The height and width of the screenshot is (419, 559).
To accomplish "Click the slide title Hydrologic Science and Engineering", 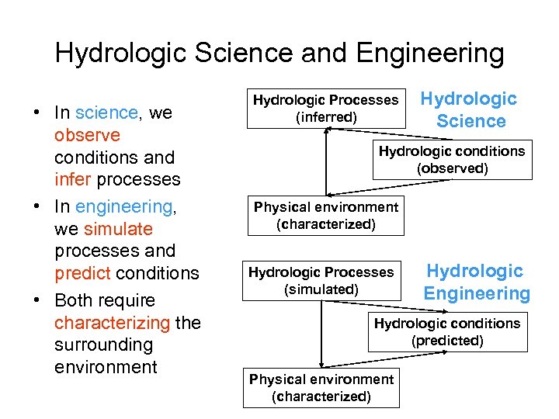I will coord(279,54).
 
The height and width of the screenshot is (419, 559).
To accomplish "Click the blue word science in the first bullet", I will coord(107,113).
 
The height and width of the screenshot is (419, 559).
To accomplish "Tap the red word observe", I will coord(87,136).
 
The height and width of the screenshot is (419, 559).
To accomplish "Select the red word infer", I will coord(73,180).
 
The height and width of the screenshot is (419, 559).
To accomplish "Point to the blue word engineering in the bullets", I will coord(124,207).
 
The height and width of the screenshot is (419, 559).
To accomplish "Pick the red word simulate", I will coord(118,230).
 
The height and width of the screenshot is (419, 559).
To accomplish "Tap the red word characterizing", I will coord(112,323).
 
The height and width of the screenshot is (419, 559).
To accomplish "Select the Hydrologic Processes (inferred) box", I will coord(325,109).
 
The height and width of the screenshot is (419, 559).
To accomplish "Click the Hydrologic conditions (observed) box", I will coord(452,160).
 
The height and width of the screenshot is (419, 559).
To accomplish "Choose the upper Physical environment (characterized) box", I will coord(326,215).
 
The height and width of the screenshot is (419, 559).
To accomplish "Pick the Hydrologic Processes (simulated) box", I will coord(321,280).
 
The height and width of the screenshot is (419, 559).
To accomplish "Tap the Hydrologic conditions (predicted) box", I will coord(447,331).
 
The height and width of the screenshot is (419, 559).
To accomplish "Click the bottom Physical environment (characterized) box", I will coord(321,387).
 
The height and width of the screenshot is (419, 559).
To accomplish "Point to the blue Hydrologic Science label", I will coord(470,109).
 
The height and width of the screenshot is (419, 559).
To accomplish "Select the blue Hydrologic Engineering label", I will coord(476,282).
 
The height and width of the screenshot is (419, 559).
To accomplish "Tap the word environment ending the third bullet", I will coord(106,367).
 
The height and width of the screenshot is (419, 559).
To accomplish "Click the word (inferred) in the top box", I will coord(326,117).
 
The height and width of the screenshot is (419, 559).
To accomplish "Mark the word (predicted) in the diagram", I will coord(447,341).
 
